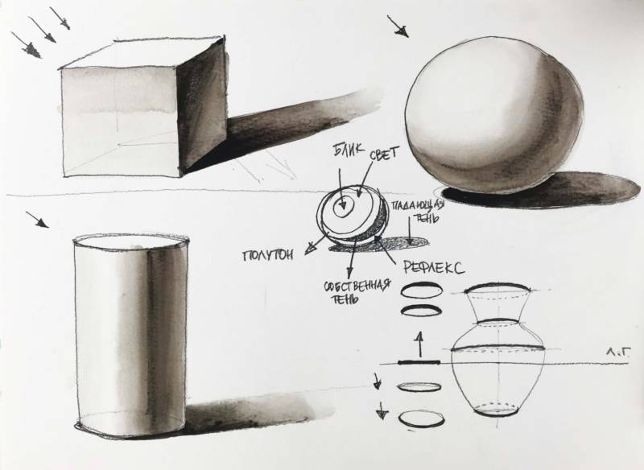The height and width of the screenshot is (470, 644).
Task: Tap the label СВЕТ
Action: point(384,154)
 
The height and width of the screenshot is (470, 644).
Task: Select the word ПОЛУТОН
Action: point(268,255)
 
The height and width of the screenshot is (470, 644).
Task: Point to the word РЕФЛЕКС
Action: point(434,268)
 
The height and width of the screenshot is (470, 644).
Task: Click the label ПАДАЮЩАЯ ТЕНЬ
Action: point(419,211)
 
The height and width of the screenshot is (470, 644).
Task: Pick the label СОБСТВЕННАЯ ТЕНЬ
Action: point(356,291)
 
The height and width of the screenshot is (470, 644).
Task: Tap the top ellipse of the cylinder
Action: point(131,241)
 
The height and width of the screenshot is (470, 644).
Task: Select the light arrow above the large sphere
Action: point(398,27)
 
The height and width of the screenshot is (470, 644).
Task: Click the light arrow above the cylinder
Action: point(37,220)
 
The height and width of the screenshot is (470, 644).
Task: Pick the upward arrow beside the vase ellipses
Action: point(419,344)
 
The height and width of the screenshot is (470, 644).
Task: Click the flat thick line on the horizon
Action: point(419,362)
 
